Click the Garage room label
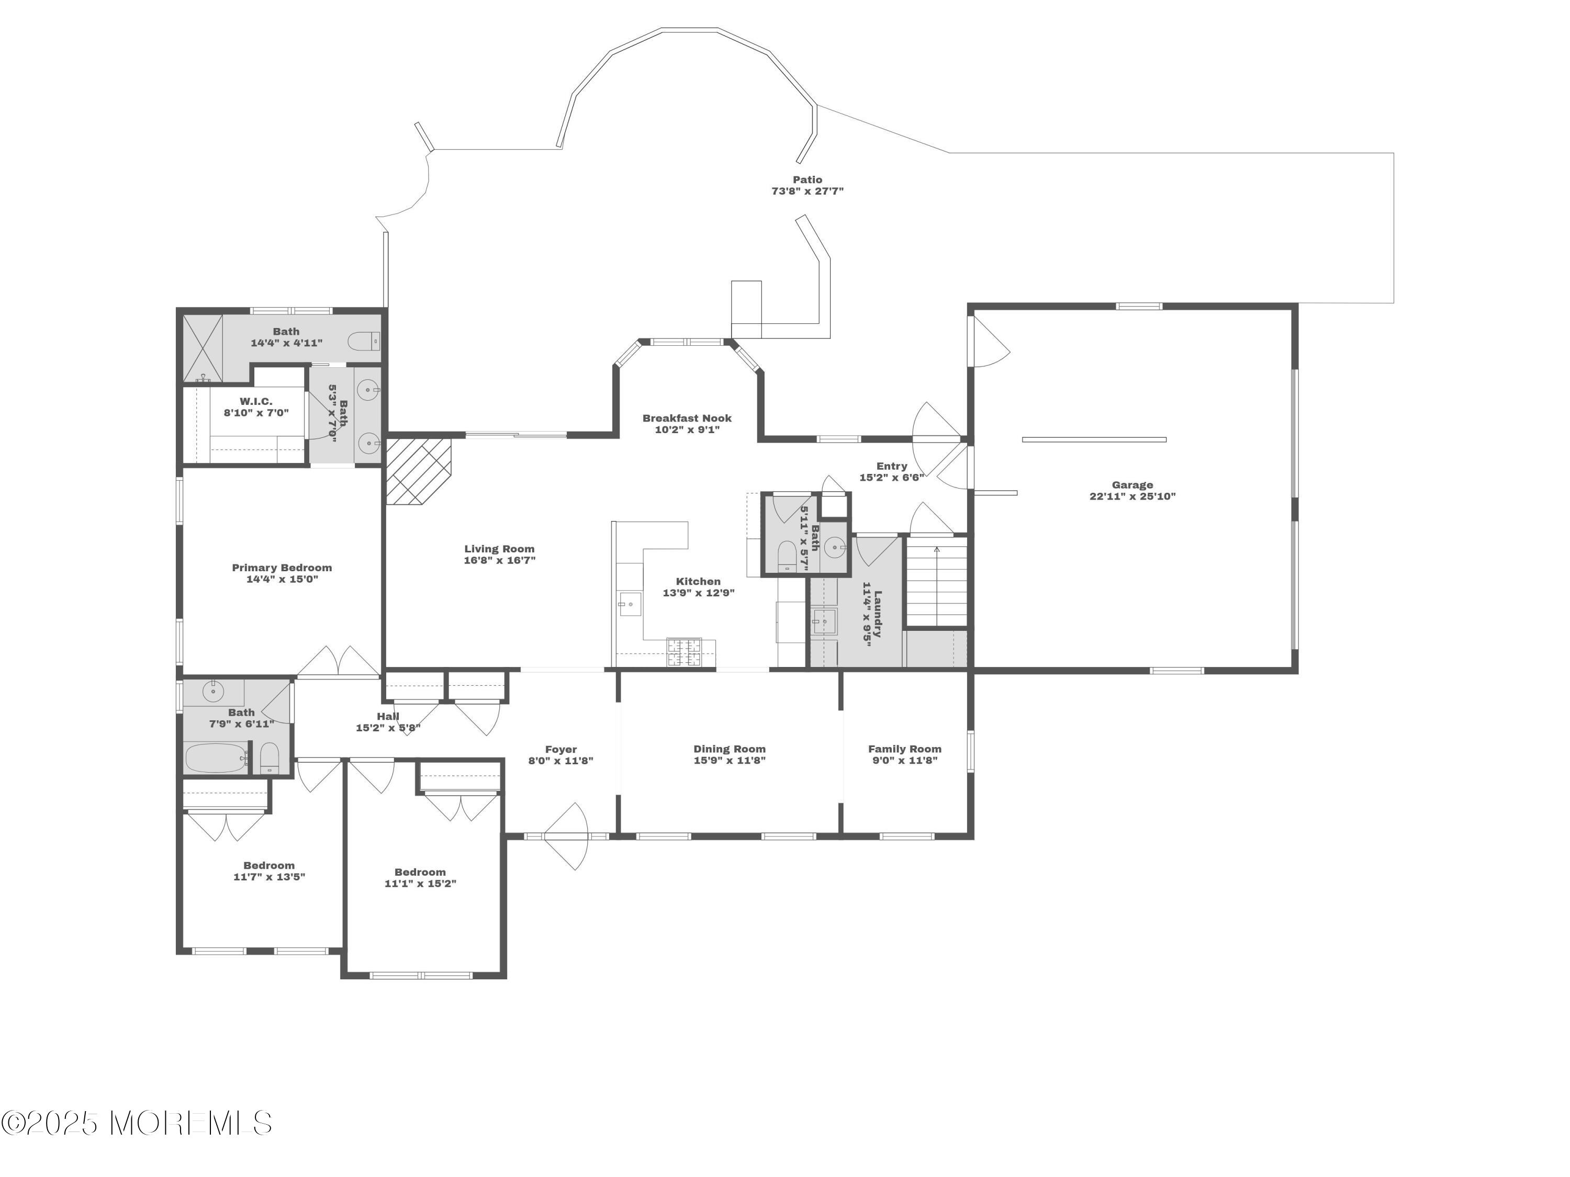click(x=1132, y=485)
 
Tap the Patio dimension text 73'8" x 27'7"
click(x=808, y=191)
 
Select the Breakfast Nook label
click(x=687, y=418)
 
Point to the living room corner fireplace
click(x=419, y=470)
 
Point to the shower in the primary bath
click(x=203, y=350)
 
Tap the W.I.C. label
click(x=255, y=402)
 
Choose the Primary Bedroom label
click(x=282, y=568)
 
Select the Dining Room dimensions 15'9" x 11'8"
click(x=730, y=761)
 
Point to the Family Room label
click(x=905, y=749)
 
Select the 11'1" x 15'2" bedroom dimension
click(x=420, y=884)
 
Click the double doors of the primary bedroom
click(x=339, y=661)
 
